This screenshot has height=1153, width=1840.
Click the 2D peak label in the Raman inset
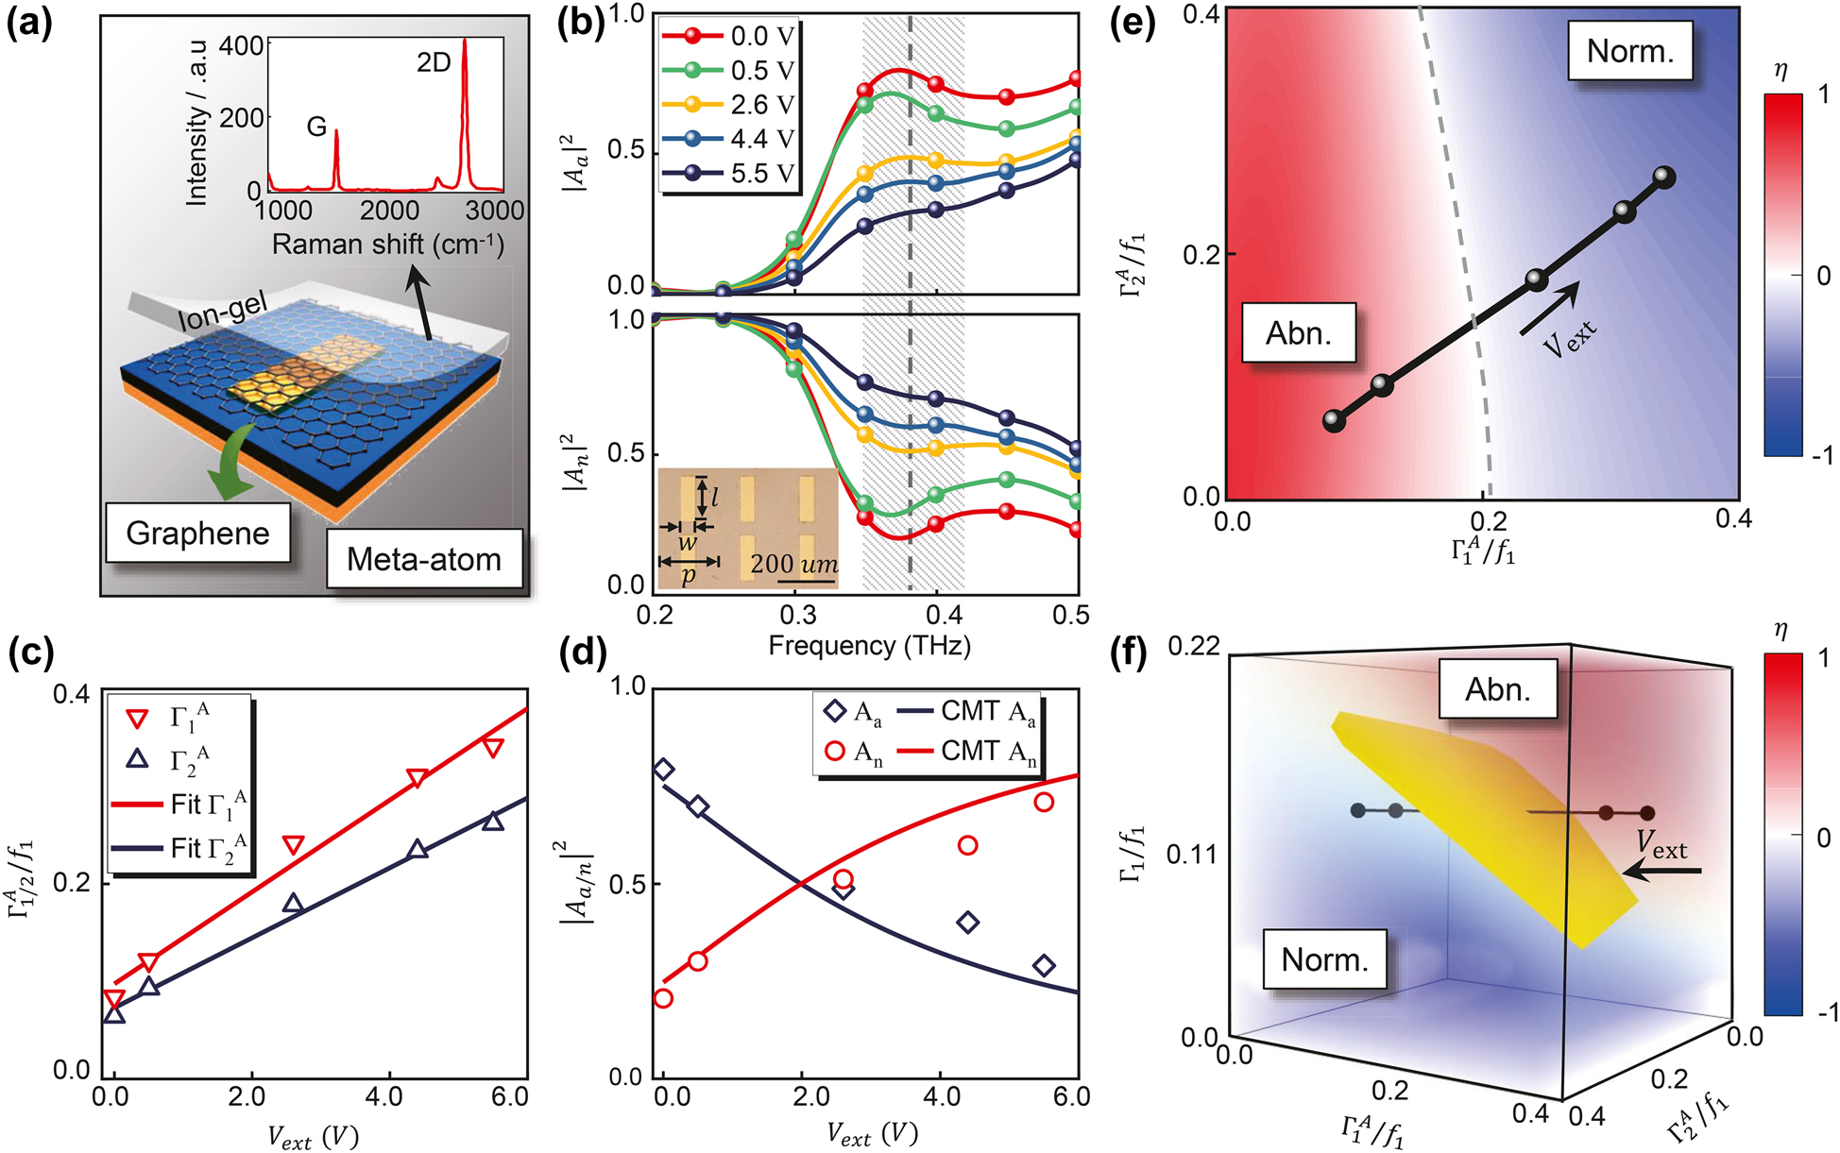point(434,63)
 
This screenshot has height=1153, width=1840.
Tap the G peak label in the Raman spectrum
point(316,127)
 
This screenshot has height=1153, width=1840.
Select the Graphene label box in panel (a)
point(197,534)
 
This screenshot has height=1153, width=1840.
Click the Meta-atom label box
point(424,559)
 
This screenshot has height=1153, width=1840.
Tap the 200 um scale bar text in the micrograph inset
point(793,565)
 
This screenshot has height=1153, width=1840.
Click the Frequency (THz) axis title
point(869,646)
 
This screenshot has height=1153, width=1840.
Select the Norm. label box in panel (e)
point(1629,51)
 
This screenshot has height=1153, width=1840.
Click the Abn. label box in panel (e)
point(1299,333)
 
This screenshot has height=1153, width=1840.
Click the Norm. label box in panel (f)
point(1324,959)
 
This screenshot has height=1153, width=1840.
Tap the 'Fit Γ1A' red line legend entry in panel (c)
point(179,805)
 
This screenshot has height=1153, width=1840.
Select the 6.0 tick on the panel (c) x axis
point(510,1097)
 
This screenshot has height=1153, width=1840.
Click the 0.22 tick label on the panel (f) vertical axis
point(1195,647)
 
